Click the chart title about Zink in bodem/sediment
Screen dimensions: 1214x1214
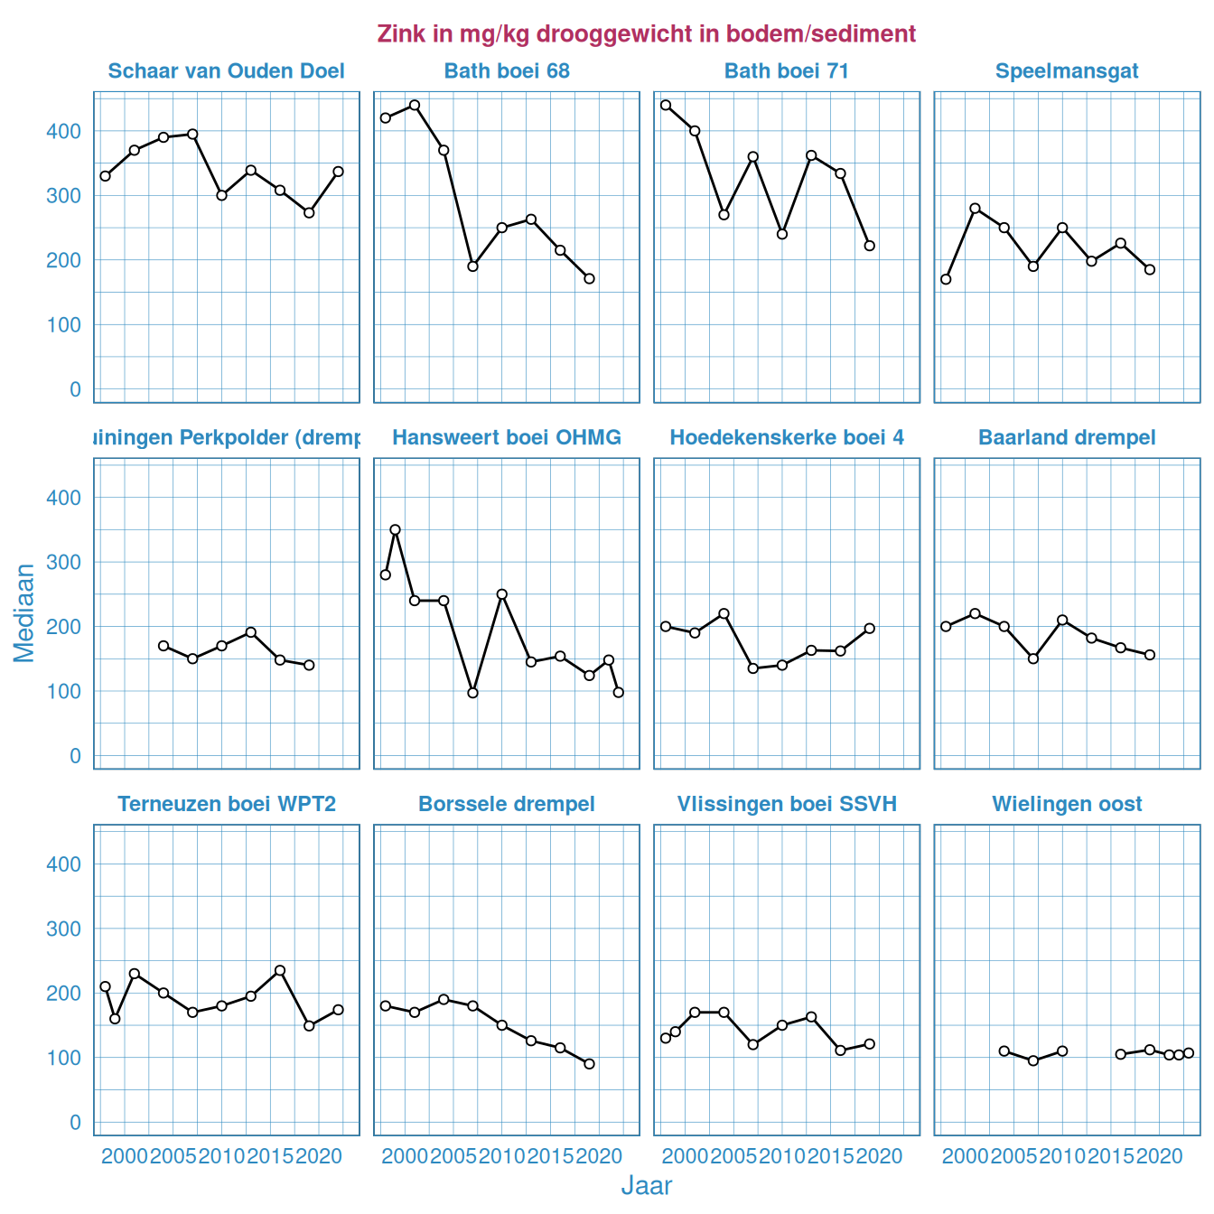(x=646, y=34)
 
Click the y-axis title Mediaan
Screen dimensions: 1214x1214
(x=24, y=612)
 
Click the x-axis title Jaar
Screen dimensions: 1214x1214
(x=646, y=1185)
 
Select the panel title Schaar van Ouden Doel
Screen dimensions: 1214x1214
(x=226, y=71)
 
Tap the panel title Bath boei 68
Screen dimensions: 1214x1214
(x=507, y=71)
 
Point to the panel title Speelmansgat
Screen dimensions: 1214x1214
(x=1067, y=71)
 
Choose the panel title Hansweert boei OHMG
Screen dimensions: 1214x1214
(x=507, y=438)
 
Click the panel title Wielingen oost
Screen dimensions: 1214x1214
(x=1067, y=804)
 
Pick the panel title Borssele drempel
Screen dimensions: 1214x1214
(x=507, y=804)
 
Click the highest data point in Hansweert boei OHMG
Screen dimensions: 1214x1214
(x=395, y=529)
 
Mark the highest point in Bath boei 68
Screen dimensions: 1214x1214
(x=415, y=105)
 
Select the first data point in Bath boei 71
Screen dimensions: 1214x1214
(x=666, y=105)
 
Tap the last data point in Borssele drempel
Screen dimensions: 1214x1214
(x=589, y=1063)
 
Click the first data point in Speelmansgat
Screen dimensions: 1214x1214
(x=946, y=279)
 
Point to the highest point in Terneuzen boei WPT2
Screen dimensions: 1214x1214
(x=280, y=970)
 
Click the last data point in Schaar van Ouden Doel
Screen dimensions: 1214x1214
(x=338, y=171)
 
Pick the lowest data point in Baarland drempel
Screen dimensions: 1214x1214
(x=1033, y=658)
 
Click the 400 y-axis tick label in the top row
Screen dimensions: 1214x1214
(x=63, y=131)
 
